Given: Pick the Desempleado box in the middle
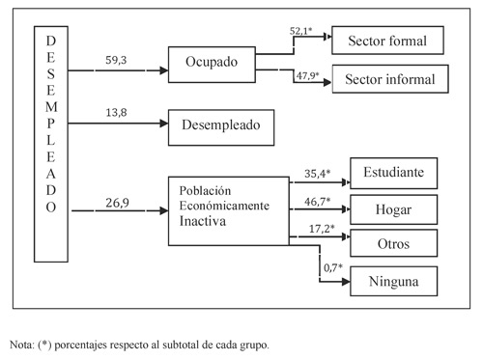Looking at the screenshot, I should tap(220, 124).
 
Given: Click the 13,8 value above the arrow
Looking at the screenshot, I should tap(114, 113).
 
